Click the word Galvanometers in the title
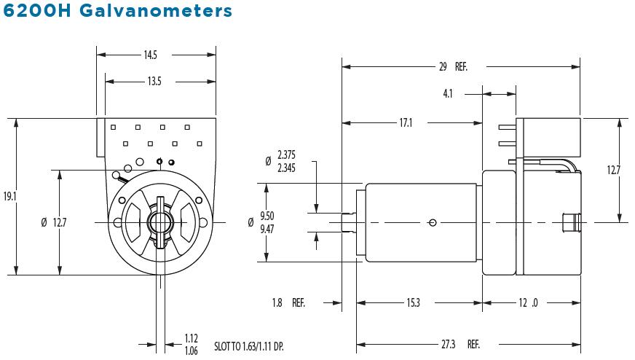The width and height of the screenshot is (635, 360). click(x=152, y=12)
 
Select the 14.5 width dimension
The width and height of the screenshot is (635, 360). click(x=151, y=55)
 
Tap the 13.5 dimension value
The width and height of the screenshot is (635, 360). click(x=154, y=81)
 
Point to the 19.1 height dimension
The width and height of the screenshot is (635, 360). click(x=9, y=197)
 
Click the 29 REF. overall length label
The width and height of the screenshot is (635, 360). click(x=451, y=67)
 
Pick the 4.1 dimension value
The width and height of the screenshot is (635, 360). click(x=449, y=93)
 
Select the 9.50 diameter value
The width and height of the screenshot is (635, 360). click(x=284, y=216)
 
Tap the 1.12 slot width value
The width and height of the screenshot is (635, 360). click(x=192, y=338)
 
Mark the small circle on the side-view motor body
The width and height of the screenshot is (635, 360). click(x=433, y=222)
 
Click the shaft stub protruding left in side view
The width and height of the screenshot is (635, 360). click(x=350, y=222)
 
